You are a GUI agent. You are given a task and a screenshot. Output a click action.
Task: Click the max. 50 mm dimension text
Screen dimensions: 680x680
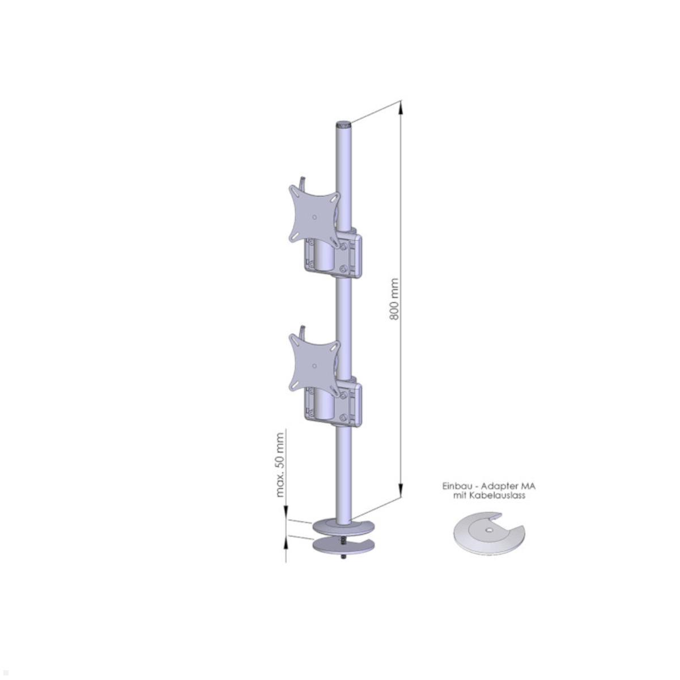pos(280,464)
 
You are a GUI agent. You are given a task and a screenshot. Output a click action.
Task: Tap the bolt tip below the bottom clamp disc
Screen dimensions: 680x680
pos(343,558)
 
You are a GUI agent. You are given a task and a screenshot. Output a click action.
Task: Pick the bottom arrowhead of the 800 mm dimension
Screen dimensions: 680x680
pos(401,494)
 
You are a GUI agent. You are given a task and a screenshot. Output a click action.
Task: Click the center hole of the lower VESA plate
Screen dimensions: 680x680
pos(314,364)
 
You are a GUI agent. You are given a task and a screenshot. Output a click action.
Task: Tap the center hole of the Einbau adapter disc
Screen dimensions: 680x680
pos(488,530)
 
